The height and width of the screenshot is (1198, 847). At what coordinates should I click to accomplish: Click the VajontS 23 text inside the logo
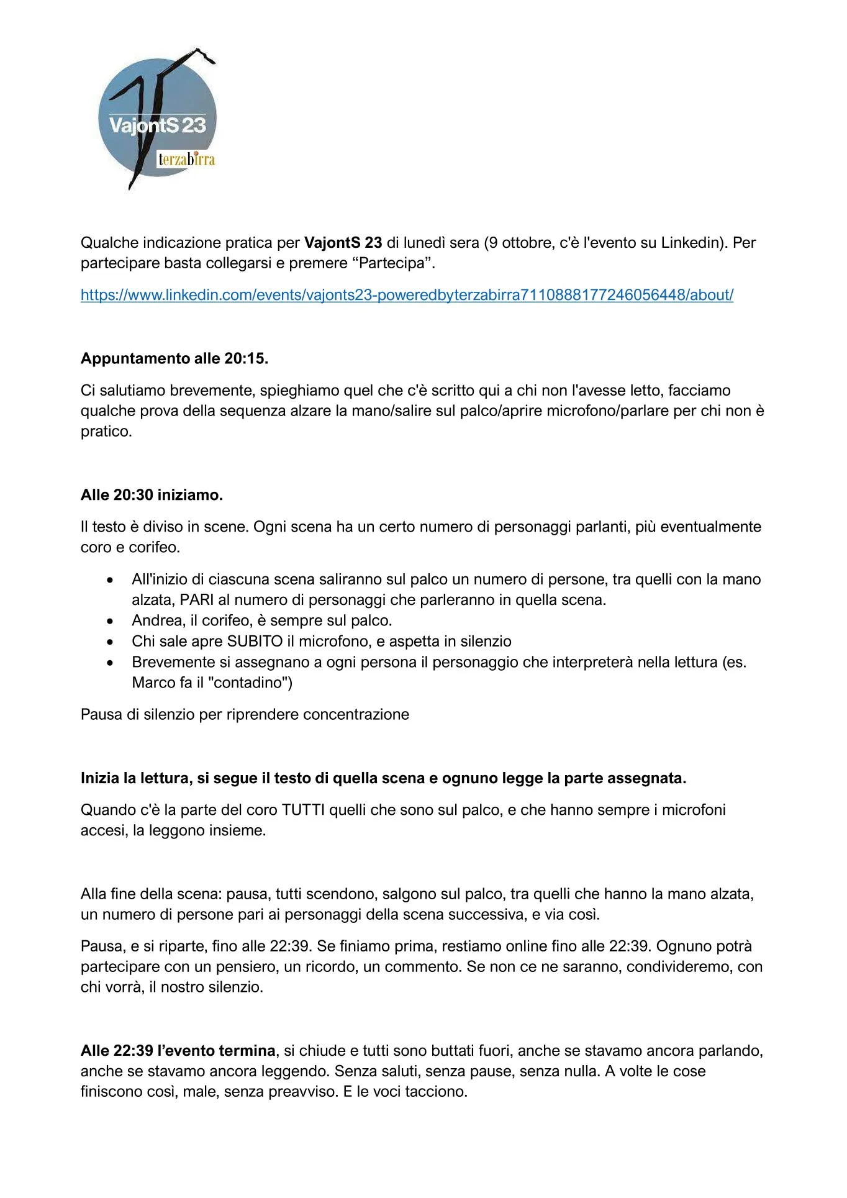pos(157,125)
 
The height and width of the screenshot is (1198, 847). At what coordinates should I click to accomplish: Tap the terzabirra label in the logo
pos(186,160)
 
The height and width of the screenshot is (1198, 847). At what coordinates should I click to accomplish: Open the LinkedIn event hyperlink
pos(407,295)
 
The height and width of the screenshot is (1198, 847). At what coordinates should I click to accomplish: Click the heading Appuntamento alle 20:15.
pos(174,358)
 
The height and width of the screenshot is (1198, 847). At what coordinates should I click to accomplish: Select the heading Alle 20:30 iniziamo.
pos(152,495)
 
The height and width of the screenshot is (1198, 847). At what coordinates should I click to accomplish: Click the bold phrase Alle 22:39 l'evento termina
pos(178,1050)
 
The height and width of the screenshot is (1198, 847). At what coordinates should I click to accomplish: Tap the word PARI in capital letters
pos(197,600)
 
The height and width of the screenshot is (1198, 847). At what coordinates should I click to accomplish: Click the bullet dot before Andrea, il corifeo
pos(110,621)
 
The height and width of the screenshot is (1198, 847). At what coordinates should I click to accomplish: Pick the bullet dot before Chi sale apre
pos(110,642)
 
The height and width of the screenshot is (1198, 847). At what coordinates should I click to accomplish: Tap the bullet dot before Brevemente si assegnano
pos(110,663)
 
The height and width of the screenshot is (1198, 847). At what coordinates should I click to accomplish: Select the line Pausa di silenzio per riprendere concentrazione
pos(245,714)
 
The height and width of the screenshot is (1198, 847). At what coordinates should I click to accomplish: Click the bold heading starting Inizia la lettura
pos(383,778)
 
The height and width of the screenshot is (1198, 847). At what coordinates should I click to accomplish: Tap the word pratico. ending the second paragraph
pos(106,431)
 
